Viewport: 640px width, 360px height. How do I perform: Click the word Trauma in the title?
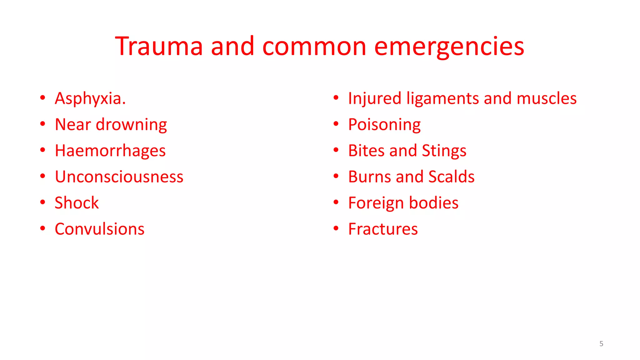pyautogui.click(x=159, y=46)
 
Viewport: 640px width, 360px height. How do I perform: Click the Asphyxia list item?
pyautogui.click(x=90, y=98)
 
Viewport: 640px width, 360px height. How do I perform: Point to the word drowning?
pyautogui.click(x=131, y=125)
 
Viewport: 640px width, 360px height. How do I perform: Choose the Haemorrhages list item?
pyautogui.click(x=110, y=151)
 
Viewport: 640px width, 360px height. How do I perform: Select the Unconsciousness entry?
pyautogui.click(x=119, y=177)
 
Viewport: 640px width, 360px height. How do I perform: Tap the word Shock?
pyautogui.click(x=77, y=203)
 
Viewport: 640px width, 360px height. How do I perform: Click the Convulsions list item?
pyautogui.click(x=99, y=229)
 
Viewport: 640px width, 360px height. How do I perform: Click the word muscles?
pyautogui.click(x=547, y=98)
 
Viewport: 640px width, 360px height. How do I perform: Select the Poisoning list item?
pyautogui.click(x=384, y=125)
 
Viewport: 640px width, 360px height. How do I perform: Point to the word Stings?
pyautogui.click(x=444, y=151)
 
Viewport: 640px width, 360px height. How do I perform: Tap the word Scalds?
pyautogui.click(x=451, y=177)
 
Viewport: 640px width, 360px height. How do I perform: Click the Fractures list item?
pyautogui.click(x=383, y=229)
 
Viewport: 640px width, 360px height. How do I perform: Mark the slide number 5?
pyautogui.click(x=601, y=344)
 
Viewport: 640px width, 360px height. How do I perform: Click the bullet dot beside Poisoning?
pyautogui.click(x=336, y=124)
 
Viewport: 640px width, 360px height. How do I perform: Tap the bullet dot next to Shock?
pyautogui.click(x=43, y=202)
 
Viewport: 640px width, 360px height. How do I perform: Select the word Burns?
pyautogui.click(x=369, y=177)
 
